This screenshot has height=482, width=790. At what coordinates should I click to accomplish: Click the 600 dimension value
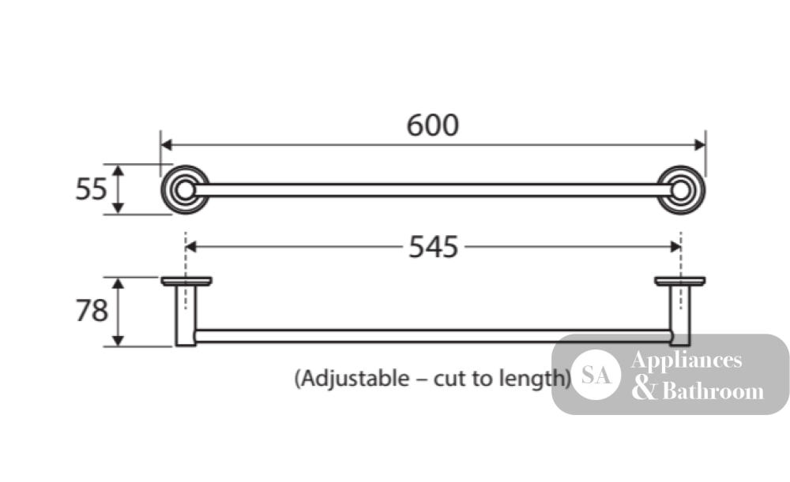[433, 125]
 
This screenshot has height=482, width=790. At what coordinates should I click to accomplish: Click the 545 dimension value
[433, 247]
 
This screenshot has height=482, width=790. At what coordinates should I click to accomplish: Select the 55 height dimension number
[91, 189]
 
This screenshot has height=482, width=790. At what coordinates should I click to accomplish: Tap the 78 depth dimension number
[92, 311]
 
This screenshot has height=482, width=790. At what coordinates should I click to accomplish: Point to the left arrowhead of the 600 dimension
[166, 145]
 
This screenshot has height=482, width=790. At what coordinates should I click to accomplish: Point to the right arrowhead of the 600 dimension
[700, 145]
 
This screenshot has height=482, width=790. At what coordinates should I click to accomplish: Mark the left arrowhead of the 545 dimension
[191, 247]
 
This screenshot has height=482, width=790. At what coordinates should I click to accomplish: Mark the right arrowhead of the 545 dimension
[675, 247]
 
